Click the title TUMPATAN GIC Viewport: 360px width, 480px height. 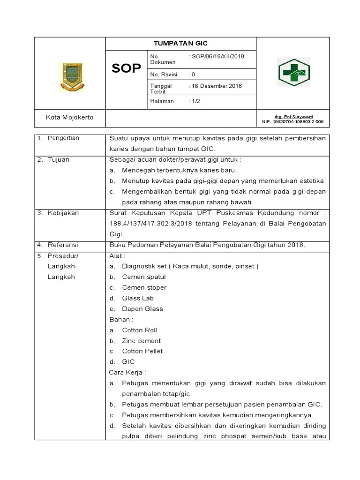[x=180, y=43]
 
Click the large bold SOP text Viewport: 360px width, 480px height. [x=126, y=68]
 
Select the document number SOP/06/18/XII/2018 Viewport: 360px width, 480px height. [x=216, y=57]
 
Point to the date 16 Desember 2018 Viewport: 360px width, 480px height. [x=215, y=86]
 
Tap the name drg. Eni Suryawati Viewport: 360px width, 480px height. [x=294, y=117]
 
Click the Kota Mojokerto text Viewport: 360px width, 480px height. [x=69, y=117]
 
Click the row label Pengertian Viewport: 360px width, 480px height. [x=63, y=138]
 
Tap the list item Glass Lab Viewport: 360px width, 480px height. [x=138, y=298]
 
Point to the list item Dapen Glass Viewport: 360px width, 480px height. [x=142, y=309]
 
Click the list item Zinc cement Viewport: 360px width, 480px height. [x=141, y=341]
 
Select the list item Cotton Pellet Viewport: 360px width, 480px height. [x=142, y=351]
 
